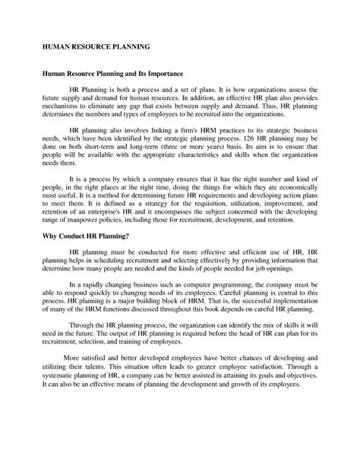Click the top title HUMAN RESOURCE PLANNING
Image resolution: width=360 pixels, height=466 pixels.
96,47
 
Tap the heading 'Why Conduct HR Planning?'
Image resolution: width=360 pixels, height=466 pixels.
86,236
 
